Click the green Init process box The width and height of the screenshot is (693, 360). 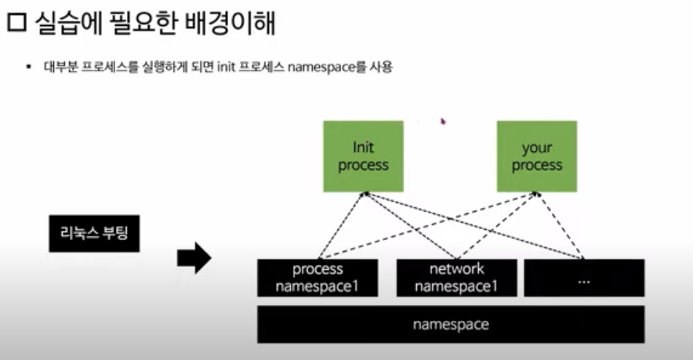point(363,156)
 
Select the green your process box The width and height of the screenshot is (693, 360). point(537,156)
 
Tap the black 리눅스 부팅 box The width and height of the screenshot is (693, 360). point(94,233)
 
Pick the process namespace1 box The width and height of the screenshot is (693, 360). point(317,278)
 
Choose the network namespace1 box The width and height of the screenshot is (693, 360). point(456,278)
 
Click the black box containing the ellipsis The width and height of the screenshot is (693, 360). point(583,278)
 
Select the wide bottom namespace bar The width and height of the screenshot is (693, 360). point(451,324)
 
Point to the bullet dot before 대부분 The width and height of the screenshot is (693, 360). point(29,68)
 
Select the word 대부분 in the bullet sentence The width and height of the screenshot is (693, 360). point(62,67)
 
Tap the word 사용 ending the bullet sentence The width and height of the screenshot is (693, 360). point(381,67)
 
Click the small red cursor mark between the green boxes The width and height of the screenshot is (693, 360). point(443,122)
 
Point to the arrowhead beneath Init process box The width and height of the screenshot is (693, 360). point(364,195)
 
